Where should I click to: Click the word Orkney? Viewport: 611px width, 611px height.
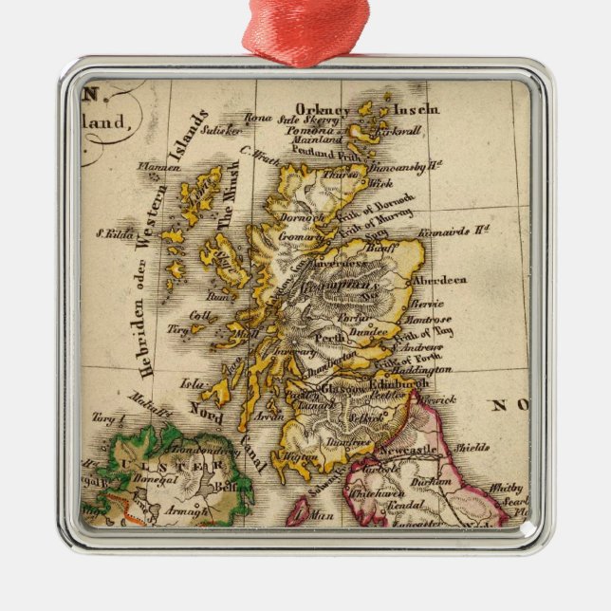point(323,109)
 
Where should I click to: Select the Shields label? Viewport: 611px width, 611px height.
point(472,446)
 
